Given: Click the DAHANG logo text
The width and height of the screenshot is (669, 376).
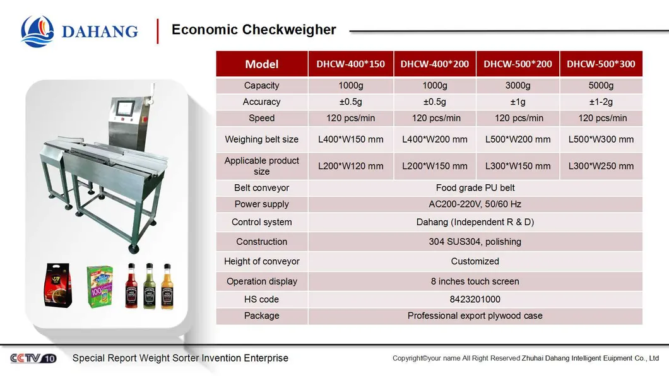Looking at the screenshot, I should [99, 31].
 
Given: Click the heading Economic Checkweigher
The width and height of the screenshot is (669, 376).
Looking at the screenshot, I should [254, 30].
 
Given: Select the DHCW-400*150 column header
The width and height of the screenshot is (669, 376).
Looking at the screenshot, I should [350, 64].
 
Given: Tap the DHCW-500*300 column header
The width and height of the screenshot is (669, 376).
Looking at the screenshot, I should [601, 64].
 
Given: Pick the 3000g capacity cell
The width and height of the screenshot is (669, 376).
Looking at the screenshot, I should [519, 85].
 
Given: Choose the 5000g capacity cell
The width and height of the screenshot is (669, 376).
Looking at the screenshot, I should [601, 85].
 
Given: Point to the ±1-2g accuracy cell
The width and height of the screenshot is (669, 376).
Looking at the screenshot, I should [601, 102].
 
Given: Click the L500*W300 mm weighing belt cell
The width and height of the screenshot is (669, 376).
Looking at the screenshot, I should [601, 139].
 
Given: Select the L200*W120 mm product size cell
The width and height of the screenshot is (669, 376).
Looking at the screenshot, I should [350, 166].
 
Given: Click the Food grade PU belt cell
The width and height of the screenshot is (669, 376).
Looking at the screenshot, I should [475, 187].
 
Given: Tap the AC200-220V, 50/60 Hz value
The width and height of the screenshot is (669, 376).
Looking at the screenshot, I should [475, 204].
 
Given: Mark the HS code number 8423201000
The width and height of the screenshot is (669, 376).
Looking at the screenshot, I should [475, 299].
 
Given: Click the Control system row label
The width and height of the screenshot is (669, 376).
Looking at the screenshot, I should [261, 222].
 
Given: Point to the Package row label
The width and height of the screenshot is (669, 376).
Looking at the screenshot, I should [261, 315].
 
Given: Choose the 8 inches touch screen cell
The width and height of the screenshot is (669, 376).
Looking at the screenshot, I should [475, 281].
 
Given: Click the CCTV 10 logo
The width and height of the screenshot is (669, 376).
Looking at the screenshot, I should [33, 358].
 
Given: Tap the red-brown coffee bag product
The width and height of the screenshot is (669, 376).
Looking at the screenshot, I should [57, 285].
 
